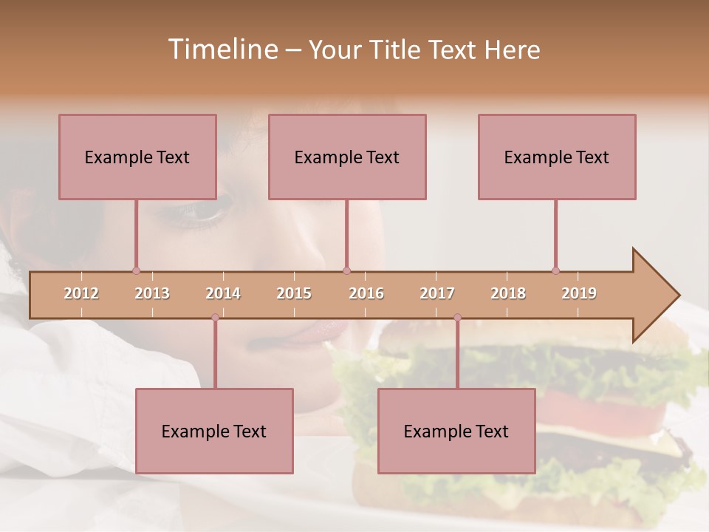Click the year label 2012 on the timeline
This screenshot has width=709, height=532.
(x=81, y=293)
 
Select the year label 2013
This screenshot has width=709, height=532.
(x=152, y=293)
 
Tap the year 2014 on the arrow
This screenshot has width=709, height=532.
(x=223, y=293)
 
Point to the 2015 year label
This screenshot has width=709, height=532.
(x=294, y=293)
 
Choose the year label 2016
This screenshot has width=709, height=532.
(x=366, y=293)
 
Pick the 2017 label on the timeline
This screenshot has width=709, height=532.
(x=437, y=293)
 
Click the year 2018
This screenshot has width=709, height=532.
(x=508, y=293)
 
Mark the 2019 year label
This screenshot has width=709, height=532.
(x=579, y=293)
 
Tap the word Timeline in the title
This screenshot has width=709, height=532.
(x=221, y=50)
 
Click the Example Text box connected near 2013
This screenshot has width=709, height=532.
(x=137, y=157)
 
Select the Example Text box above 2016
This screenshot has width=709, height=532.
(x=347, y=157)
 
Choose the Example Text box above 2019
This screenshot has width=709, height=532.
(x=557, y=157)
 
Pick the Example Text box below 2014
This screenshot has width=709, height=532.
(x=214, y=431)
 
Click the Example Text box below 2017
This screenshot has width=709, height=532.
(x=456, y=431)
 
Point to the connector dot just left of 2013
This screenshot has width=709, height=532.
(x=136, y=270)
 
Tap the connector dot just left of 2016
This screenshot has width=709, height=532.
(x=346, y=270)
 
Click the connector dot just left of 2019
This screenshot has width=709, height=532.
(x=555, y=270)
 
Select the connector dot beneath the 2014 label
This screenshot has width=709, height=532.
(x=215, y=318)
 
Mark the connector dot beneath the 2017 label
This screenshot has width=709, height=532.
(x=457, y=318)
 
